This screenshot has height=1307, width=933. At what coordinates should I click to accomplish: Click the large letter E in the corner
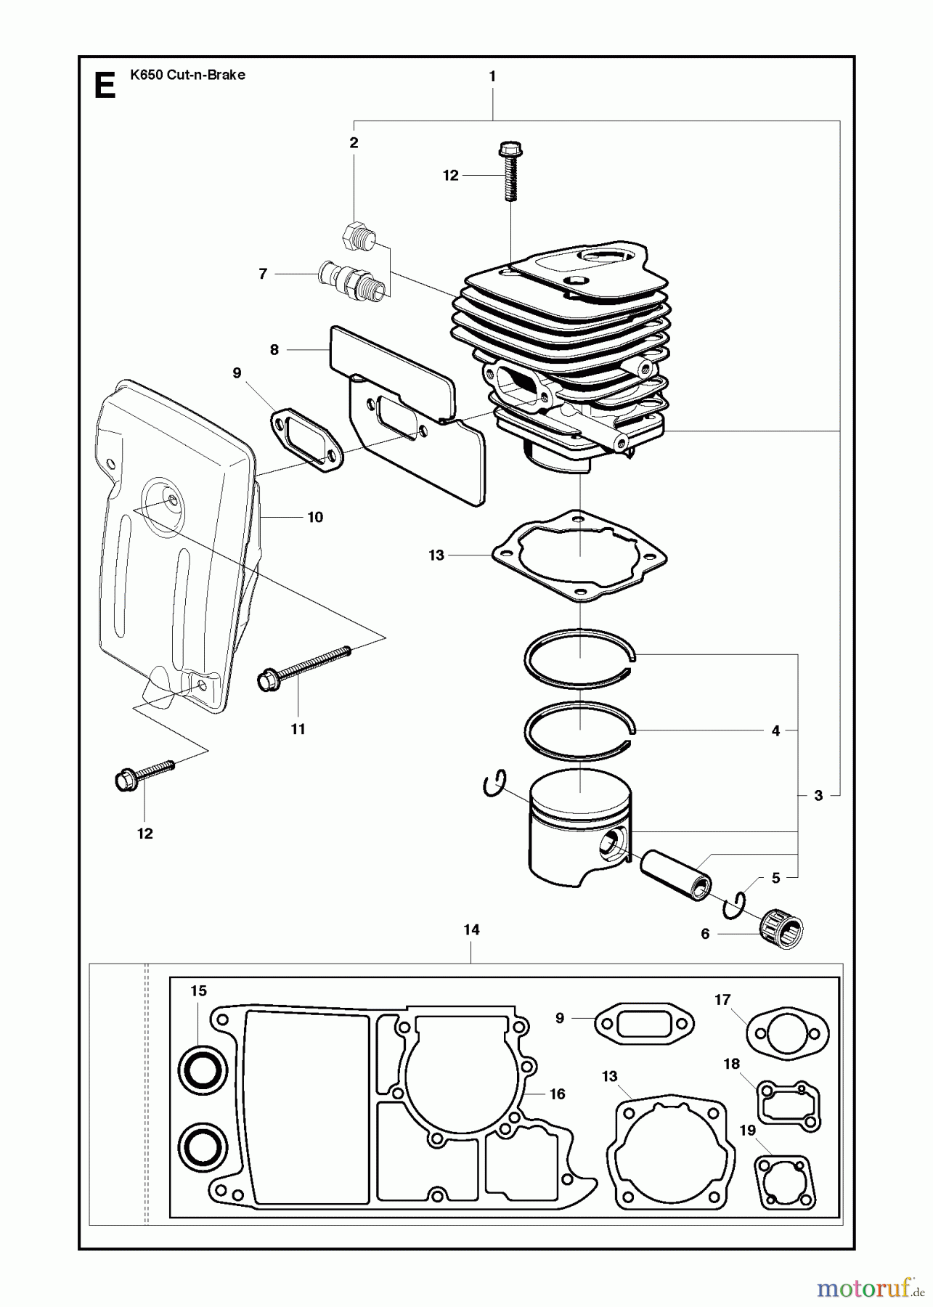(105, 86)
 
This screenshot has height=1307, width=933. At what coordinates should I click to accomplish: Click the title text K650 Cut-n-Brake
(187, 75)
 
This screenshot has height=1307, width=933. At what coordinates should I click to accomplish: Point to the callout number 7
(263, 274)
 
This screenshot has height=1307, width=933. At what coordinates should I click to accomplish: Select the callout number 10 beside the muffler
(315, 518)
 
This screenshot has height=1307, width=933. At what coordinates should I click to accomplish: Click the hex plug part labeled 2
(358, 236)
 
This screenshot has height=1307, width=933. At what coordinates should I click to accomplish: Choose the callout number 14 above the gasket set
(471, 929)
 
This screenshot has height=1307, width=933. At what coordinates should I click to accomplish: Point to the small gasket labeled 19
(785, 1180)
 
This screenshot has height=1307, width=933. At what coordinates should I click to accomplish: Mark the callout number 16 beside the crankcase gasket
(557, 1094)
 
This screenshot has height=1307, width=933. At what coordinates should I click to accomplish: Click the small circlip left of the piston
(494, 786)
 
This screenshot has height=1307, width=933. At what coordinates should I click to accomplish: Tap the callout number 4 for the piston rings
(775, 731)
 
